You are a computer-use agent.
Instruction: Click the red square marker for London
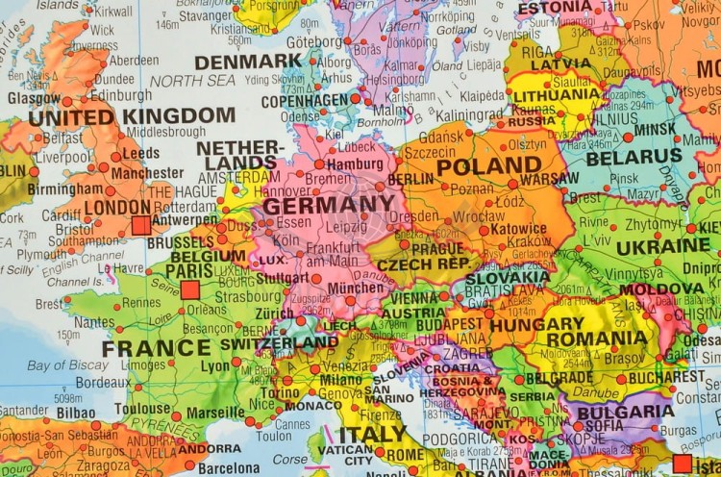[141, 225]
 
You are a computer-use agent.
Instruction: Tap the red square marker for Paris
[189, 289]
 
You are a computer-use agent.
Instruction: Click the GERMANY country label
[328, 205]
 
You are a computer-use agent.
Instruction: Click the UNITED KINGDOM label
[132, 116]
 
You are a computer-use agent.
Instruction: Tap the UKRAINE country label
[662, 245]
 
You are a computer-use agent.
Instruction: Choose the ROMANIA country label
[596, 339]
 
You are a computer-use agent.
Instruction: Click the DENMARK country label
[247, 62]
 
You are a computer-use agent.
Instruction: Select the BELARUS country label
[634, 156]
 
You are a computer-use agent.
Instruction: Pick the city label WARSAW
[550, 179]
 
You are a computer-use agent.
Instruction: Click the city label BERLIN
[410, 179]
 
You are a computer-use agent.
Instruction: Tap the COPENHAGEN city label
[304, 101]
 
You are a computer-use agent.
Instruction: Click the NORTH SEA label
[191, 82]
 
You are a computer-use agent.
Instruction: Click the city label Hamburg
[355, 163]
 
